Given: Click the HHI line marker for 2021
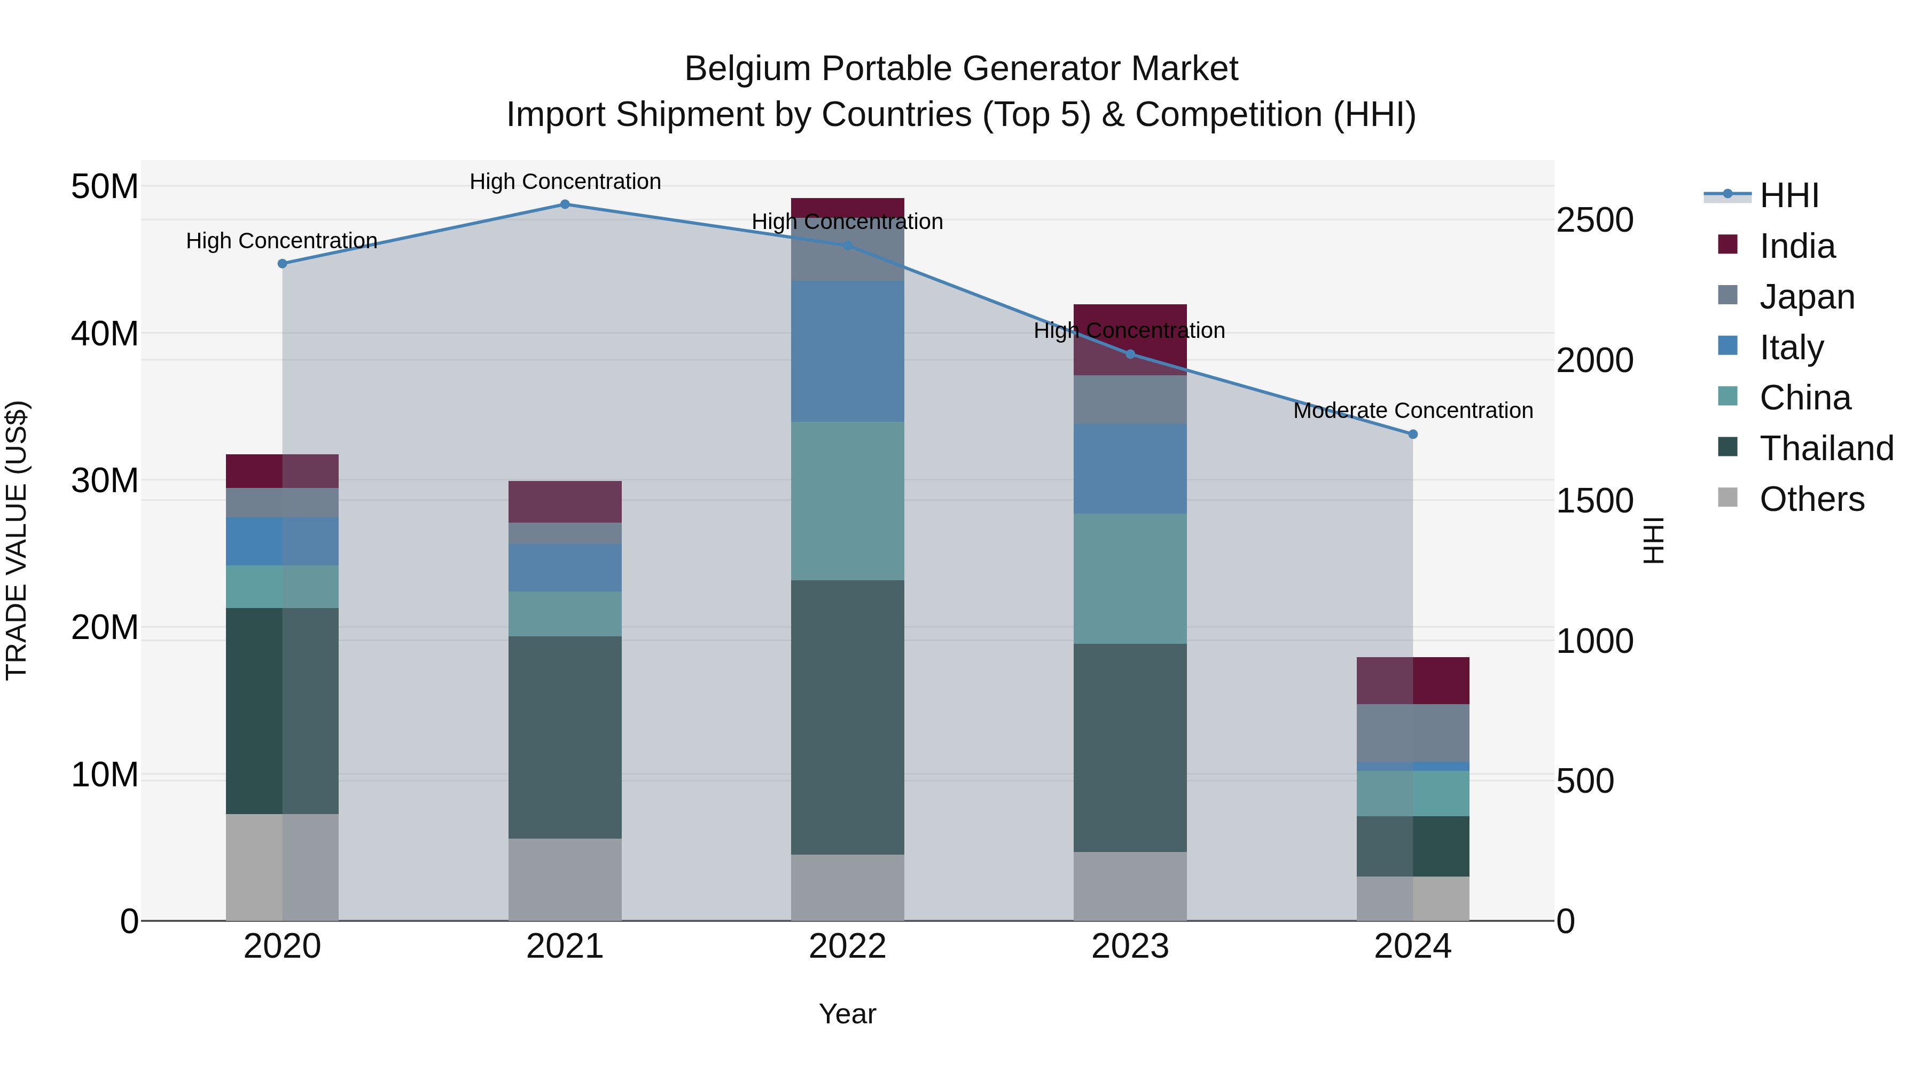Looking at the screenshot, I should tap(565, 204).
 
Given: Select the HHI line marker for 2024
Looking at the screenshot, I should tap(1412, 434).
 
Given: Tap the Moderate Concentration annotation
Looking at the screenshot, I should tap(1412, 411).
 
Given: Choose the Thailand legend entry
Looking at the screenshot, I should tap(1825, 448).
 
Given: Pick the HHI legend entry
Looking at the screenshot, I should tap(1788, 195).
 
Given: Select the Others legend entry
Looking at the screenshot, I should tap(1811, 499).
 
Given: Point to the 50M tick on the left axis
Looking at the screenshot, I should tap(105, 186).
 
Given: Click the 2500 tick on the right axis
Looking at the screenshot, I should tap(1594, 221).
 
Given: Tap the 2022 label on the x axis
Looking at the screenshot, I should tap(847, 946).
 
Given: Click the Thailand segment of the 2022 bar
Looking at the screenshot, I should tap(847, 717).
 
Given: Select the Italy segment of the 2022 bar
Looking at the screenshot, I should tap(847, 351).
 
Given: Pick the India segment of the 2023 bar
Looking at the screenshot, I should tap(1129, 340).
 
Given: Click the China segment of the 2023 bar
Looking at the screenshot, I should tap(1129, 578).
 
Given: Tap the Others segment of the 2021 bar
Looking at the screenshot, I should tap(565, 880).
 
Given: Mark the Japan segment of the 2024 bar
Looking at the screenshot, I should tap(1412, 732).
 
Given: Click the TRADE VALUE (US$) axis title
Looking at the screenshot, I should tap(17, 540).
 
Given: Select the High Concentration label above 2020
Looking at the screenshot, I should tap(282, 241).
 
